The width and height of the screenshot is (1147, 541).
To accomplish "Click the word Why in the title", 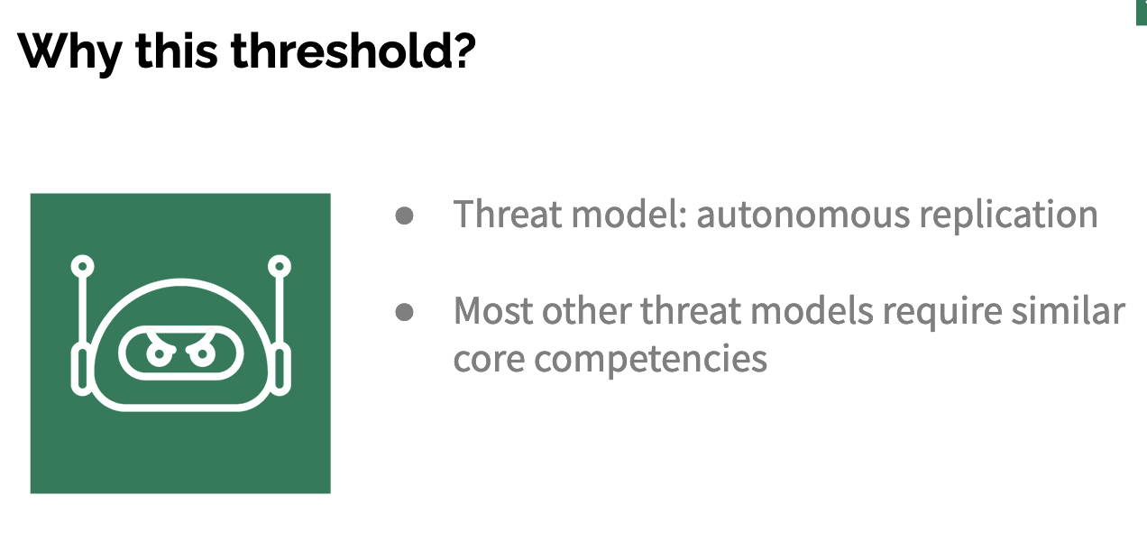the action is pos(70,52).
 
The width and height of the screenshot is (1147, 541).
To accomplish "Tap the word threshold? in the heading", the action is pos(353,50).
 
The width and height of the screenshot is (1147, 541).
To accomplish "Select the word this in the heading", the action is pos(177,50).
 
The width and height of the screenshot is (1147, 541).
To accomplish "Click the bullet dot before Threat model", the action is pos(405,215).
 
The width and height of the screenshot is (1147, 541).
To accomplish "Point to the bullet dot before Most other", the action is pos(405,312).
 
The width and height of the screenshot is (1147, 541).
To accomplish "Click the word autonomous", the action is pos(803,215).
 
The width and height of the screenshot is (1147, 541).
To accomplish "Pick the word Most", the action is pos(493,311).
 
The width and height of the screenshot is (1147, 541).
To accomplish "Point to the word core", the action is pos(489,359).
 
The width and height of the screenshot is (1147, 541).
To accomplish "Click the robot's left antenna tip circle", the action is pos(82,266).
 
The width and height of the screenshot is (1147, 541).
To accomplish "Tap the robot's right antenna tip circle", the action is pos(280,266).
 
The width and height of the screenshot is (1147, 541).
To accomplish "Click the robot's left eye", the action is pos(159,353).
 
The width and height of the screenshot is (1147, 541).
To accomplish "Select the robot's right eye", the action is pos(202,353).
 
